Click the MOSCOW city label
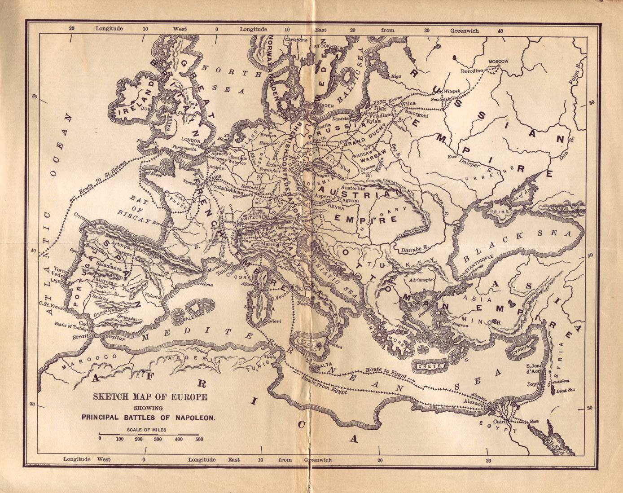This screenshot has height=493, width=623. pos(498,61)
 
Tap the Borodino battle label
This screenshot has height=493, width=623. pos(471,70)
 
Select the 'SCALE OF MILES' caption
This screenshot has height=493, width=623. pos(147,430)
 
